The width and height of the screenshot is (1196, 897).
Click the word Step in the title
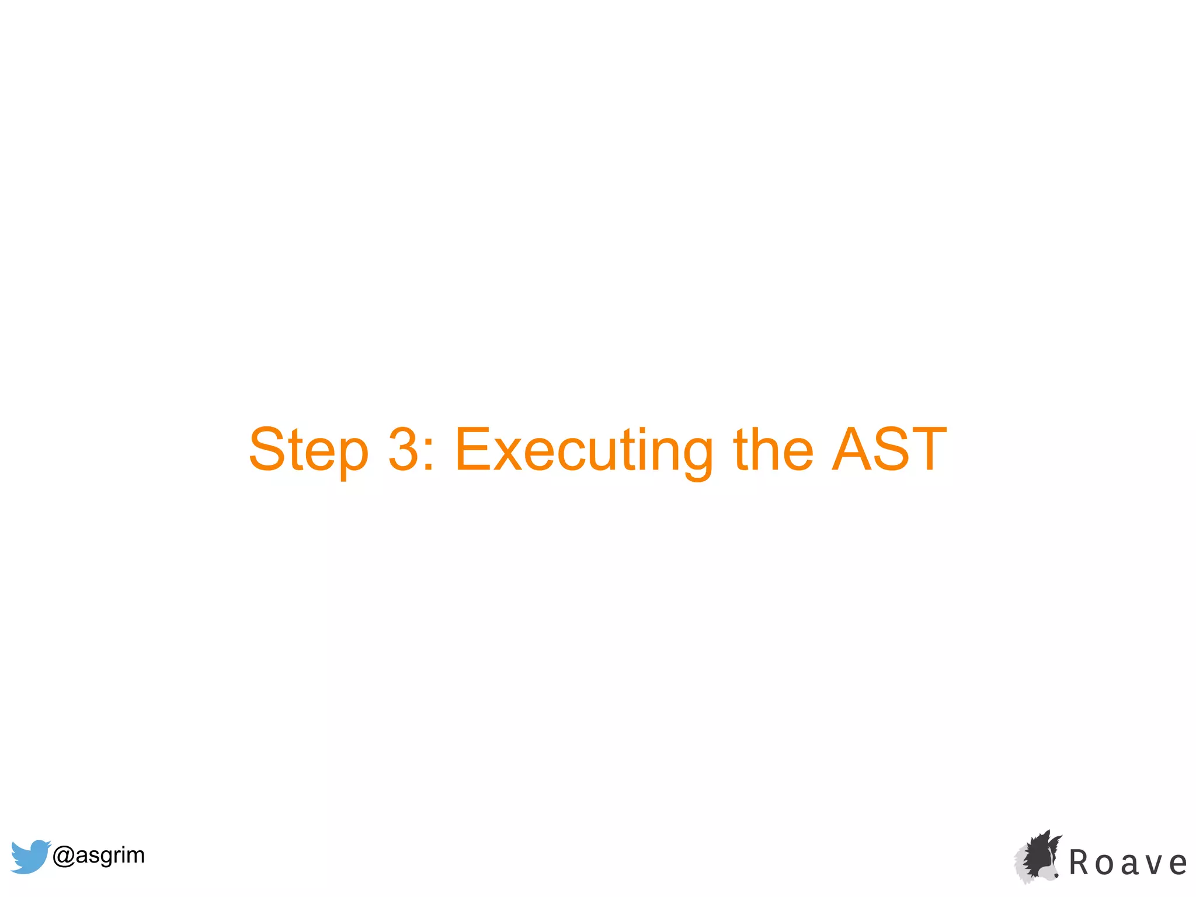tap(308, 450)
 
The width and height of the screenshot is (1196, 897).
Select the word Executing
tap(583, 450)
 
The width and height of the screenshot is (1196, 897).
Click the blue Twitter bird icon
tap(30, 856)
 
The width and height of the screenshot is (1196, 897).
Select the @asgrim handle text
tap(98, 855)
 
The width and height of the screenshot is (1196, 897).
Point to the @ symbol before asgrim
tap(63, 856)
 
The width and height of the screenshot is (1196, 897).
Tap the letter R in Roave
tap(1080, 863)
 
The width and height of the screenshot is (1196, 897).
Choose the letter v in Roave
tap(1154, 864)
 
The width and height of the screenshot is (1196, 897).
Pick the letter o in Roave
tap(1104, 864)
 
